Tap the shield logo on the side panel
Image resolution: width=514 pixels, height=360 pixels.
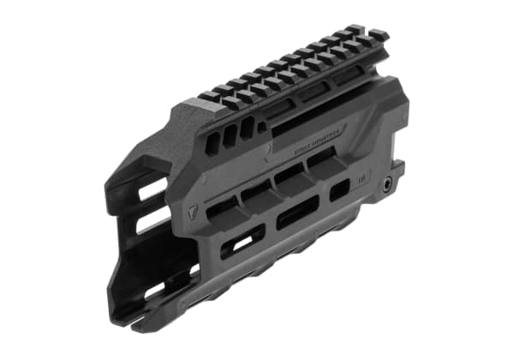click(x=190, y=206)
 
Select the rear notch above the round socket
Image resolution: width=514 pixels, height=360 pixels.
click(x=397, y=163)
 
